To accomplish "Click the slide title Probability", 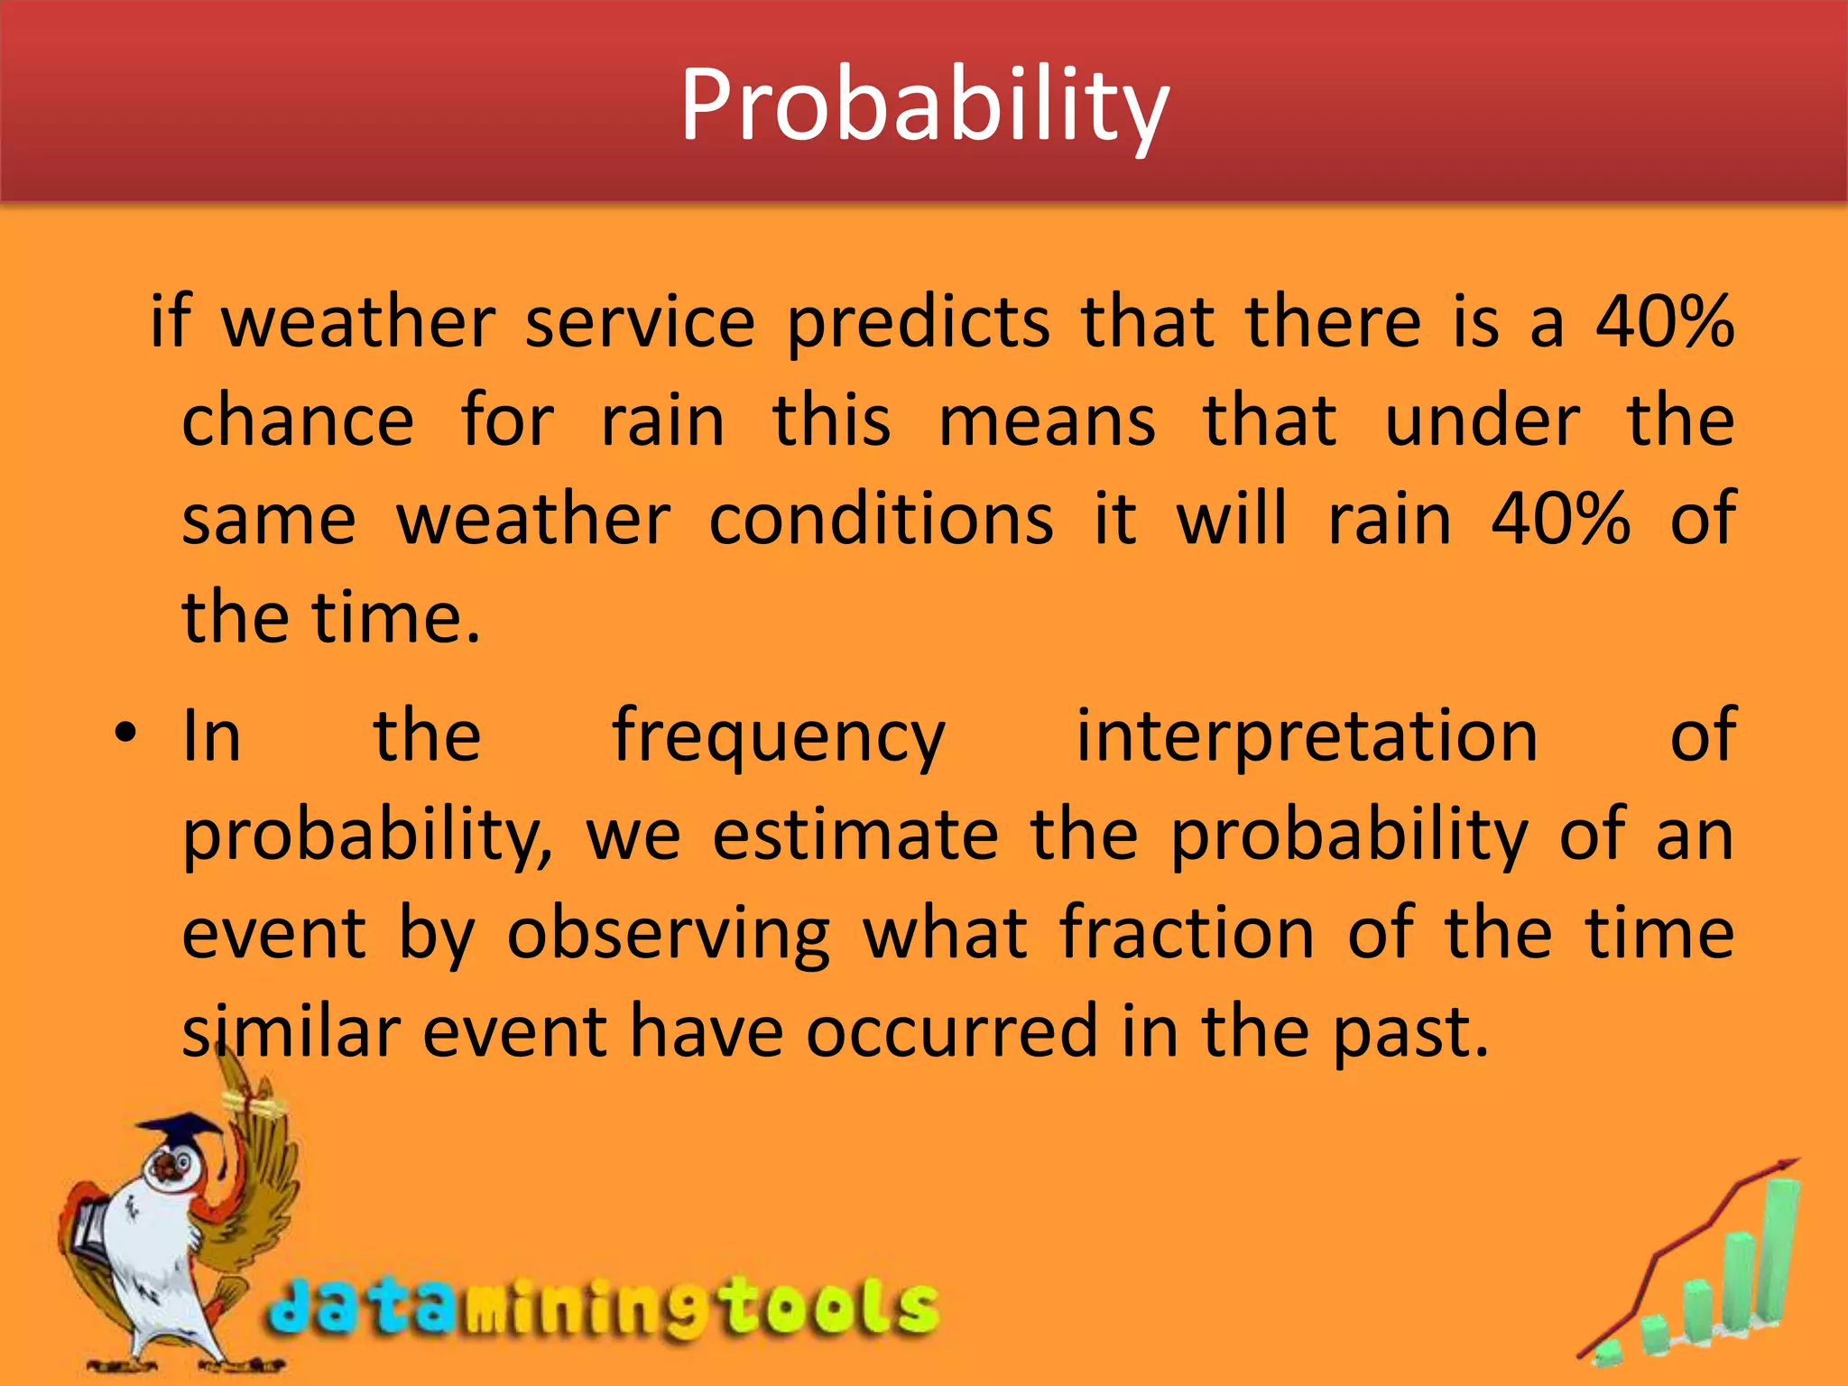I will tap(924, 106).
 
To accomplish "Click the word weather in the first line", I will tap(358, 322).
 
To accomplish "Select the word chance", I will tap(298, 421).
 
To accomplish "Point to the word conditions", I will tap(881, 520).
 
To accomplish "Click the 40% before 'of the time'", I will tap(1560, 520).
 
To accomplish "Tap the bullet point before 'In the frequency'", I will tap(125, 732).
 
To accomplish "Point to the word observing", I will tap(668, 935).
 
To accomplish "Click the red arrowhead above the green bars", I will tap(1785, 1166).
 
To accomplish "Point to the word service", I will tap(640, 322).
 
